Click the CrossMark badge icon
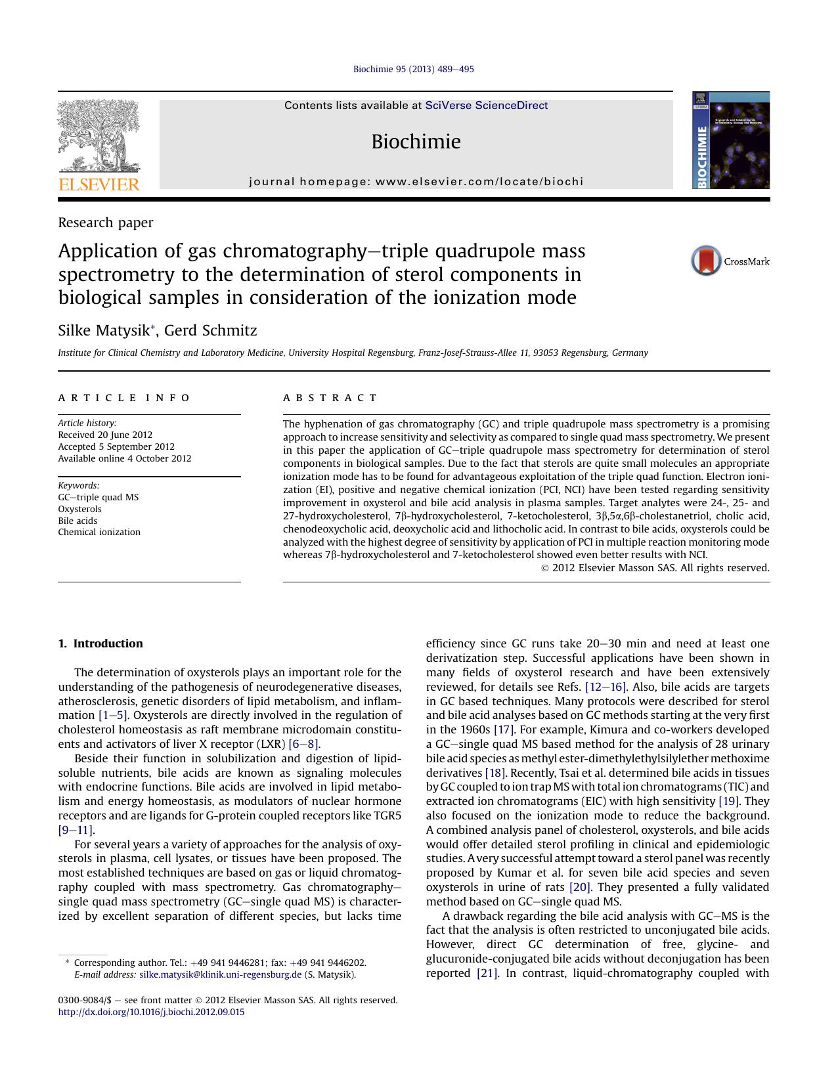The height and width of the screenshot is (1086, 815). click(707, 261)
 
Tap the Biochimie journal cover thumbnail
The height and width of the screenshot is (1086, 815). click(730, 141)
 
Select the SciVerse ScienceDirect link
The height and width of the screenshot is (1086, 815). click(486, 106)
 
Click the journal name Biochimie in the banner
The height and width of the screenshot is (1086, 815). click(416, 142)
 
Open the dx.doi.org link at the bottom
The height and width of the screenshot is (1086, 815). click(151, 1012)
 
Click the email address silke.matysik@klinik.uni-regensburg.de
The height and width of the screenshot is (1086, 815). click(221, 974)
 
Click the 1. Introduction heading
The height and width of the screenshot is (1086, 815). click(100, 643)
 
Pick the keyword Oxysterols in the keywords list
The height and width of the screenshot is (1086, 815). click(79, 509)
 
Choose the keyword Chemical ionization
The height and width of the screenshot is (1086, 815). click(99, 532)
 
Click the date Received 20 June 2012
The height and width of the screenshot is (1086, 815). click(105, 435)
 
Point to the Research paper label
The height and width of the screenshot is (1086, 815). click(106, 223)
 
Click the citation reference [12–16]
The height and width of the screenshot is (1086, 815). click(606, 687)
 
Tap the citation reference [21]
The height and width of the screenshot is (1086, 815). click(487, 973)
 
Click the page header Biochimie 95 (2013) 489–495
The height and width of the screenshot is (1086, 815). click(414, 69)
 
